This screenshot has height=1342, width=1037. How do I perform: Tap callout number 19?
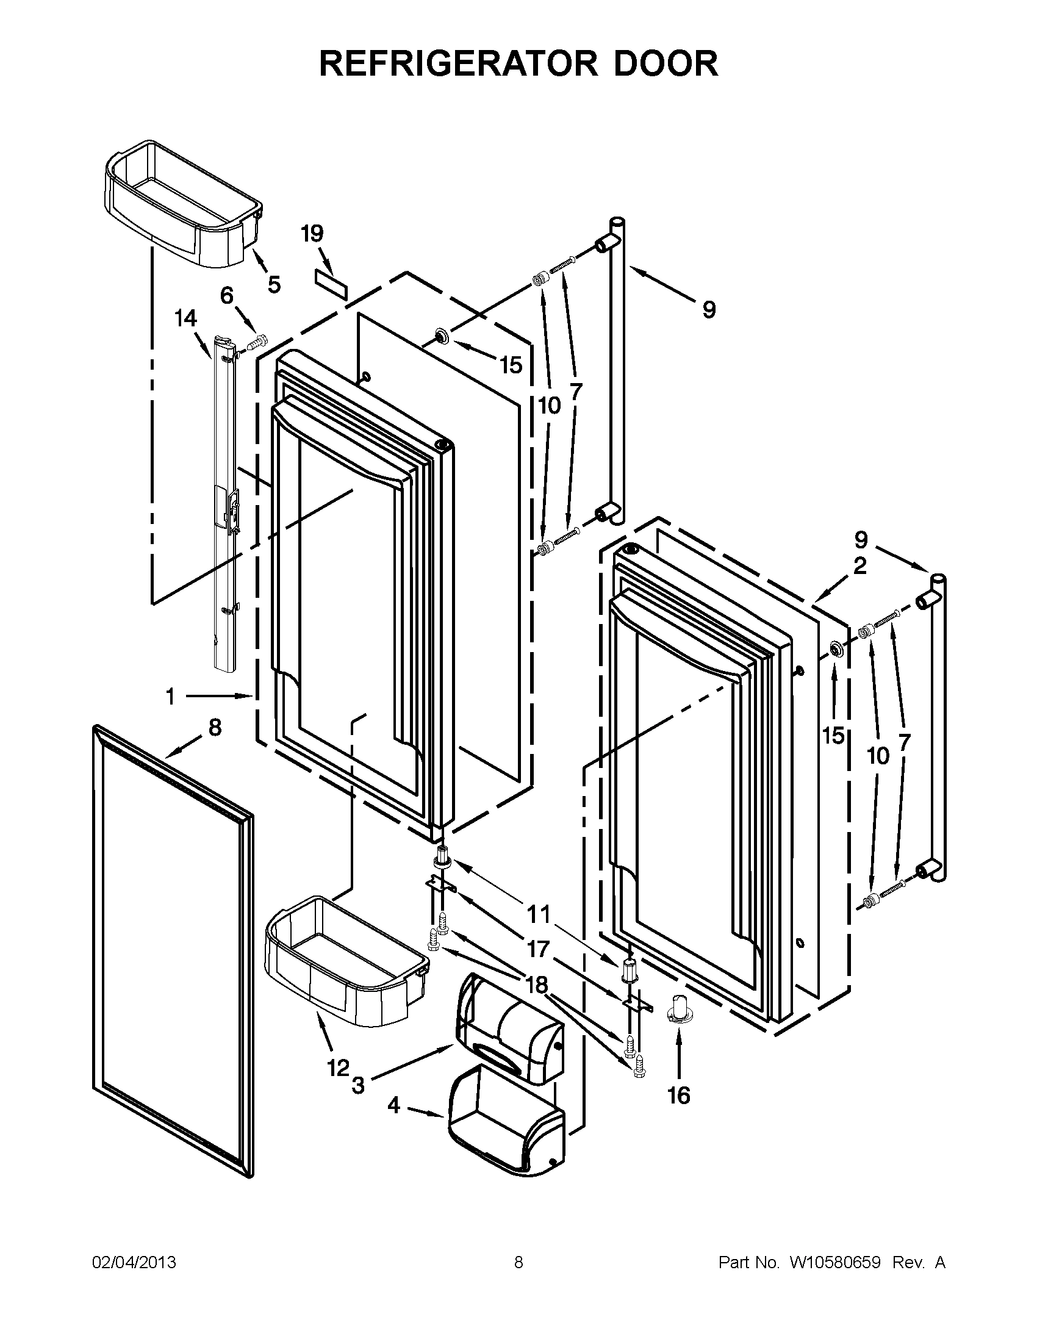click(312, 234)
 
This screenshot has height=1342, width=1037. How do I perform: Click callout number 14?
click(185, 318)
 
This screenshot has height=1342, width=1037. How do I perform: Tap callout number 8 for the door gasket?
click(214, 728)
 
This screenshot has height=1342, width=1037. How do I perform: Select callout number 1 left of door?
click(170, 696)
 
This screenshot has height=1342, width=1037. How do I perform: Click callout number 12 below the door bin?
click(337, 1068)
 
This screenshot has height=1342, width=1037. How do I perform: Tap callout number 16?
click(679, 1096)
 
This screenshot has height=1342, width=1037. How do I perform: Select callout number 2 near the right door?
click(859, 565)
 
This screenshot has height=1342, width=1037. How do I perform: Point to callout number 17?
click(538, 949)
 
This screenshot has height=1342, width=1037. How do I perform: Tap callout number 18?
click(536, 985)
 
